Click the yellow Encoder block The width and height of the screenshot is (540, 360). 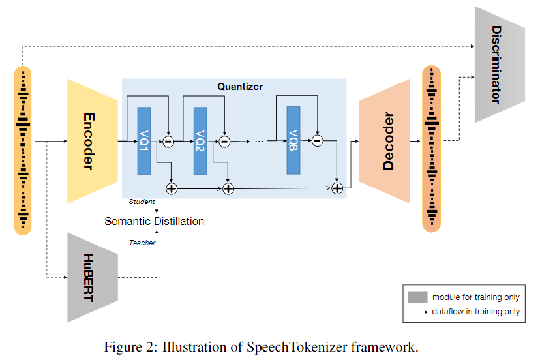point(91,141)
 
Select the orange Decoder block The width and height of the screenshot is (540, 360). point(385,142)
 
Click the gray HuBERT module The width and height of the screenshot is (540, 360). point(91,277)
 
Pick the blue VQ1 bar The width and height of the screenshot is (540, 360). point(144,140)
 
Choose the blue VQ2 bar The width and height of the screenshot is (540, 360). point(200,140)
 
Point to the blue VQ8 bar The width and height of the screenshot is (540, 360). point(294,140)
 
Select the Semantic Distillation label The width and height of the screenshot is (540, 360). point(154,221)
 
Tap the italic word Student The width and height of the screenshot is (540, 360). point(142,202)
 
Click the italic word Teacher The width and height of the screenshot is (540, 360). point(142,243)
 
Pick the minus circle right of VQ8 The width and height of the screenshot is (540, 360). point(318,140)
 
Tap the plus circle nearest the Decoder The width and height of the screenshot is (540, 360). point(337,188)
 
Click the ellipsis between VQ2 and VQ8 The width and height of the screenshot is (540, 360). point(259,140)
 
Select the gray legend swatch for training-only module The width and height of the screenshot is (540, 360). point(417,297)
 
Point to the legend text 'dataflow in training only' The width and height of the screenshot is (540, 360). point(476,312)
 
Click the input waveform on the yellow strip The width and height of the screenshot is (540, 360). point(23,150)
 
